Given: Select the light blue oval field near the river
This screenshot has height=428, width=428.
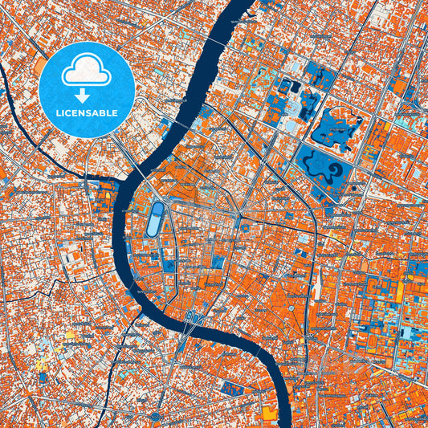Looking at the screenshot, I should tap(154, 218).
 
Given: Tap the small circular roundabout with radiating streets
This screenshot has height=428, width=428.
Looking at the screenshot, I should tap(240, 215).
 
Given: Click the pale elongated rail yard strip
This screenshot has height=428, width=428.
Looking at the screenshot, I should tap(320, 281).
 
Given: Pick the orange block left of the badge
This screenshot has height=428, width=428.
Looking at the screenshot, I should tap(39, 63).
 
